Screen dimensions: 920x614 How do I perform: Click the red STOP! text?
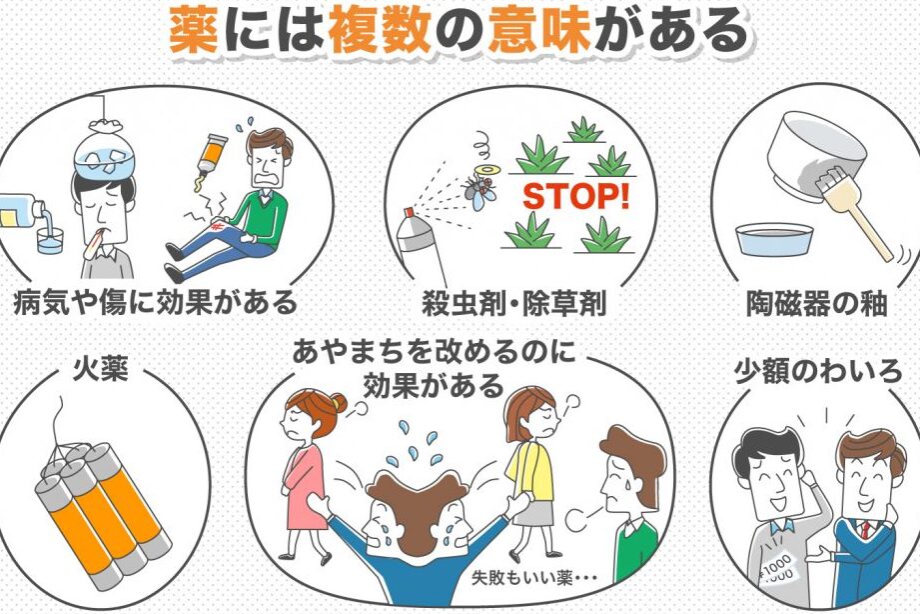pos(576,197)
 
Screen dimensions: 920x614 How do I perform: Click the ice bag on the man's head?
pos(103,152)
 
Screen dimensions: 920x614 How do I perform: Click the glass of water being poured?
pos(50,241)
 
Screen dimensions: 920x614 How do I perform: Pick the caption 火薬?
pos(100,370)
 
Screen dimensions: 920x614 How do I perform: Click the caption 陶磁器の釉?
pos(816,304)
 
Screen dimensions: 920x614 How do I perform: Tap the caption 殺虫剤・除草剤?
pos(514,304)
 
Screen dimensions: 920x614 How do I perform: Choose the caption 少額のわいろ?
pos(818,371)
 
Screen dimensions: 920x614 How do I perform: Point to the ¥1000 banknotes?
pos(778,566)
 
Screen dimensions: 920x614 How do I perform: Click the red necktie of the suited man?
pos(865,529)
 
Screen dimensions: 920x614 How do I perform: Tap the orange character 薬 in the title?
pos(194,29)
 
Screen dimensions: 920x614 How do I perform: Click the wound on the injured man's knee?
pos(218,226)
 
